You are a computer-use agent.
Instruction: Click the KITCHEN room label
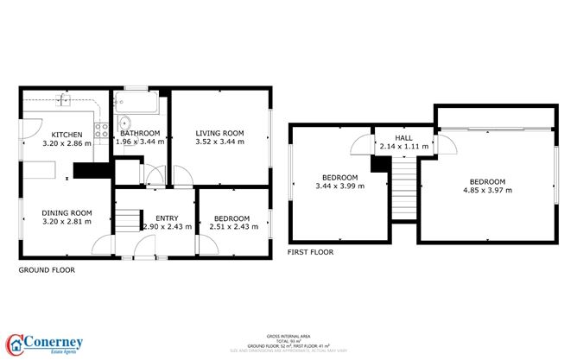coord(67,134)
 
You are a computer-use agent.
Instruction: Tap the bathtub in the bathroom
coord(138,106)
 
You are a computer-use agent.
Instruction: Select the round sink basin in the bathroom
coord(124,121)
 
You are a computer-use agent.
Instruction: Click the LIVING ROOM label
coord(219,133)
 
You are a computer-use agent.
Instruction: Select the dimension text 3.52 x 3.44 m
coord(219,142)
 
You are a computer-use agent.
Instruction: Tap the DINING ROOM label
coord(67,212)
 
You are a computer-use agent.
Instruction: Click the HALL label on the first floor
coord(403,137)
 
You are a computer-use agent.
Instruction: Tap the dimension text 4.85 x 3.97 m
coord(487,191)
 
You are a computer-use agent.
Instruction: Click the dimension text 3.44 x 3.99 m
coord(339,186)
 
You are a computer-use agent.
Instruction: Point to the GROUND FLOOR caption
coord(47,269)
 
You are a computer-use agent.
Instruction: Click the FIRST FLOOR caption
coord(310,252)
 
